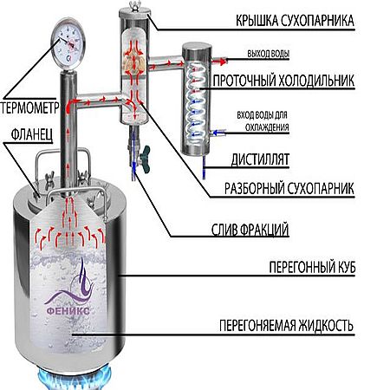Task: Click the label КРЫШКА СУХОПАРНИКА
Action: [x=295, y=21]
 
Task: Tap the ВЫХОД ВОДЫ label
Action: [x=269, y=54]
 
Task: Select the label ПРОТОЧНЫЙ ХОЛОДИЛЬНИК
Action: [x=283, y=81]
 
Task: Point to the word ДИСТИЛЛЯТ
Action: [x=260, y=159]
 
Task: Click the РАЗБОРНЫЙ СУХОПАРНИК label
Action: [x=289, y=188]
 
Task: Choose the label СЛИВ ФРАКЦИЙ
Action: [x=250, y=230]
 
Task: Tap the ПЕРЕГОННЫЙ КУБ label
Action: [x=312, y=267]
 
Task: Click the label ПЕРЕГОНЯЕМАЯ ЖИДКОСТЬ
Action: [x=286, y=326]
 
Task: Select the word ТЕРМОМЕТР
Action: [x=29, y=107]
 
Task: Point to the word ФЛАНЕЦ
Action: [x=32, y=134]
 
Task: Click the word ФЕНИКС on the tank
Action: [x=68, y=311]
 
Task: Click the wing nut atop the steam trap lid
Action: [x=133, y=5]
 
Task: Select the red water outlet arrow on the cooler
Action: [x=218, y=61]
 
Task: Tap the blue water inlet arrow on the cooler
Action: [x=218, y=133]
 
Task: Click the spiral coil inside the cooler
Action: [x=196, y=102]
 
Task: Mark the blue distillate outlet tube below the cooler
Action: [x=205, y=167]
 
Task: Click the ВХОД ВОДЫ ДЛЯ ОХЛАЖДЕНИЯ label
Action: [x=263, y=121]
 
